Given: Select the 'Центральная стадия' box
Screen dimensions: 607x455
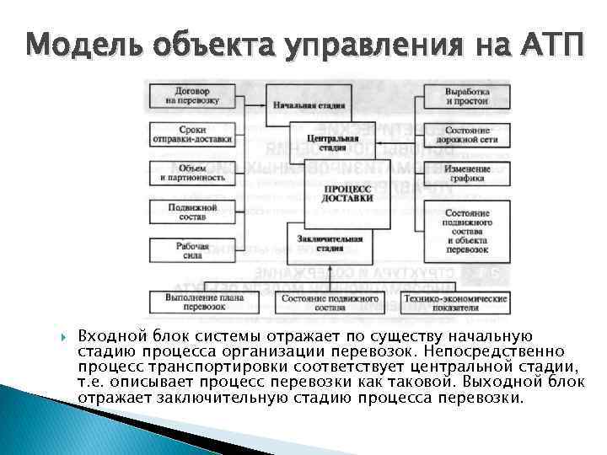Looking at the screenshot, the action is point(324,140).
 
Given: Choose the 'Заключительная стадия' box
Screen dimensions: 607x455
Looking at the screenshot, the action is point(330,243).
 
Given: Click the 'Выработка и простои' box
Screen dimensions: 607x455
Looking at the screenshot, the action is point(467,96).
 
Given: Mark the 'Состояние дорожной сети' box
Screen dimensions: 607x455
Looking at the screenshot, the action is point(467,135).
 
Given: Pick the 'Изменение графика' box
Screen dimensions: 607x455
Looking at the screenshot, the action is point(467,173).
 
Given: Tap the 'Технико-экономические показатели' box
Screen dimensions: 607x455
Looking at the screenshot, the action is point(454,302).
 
